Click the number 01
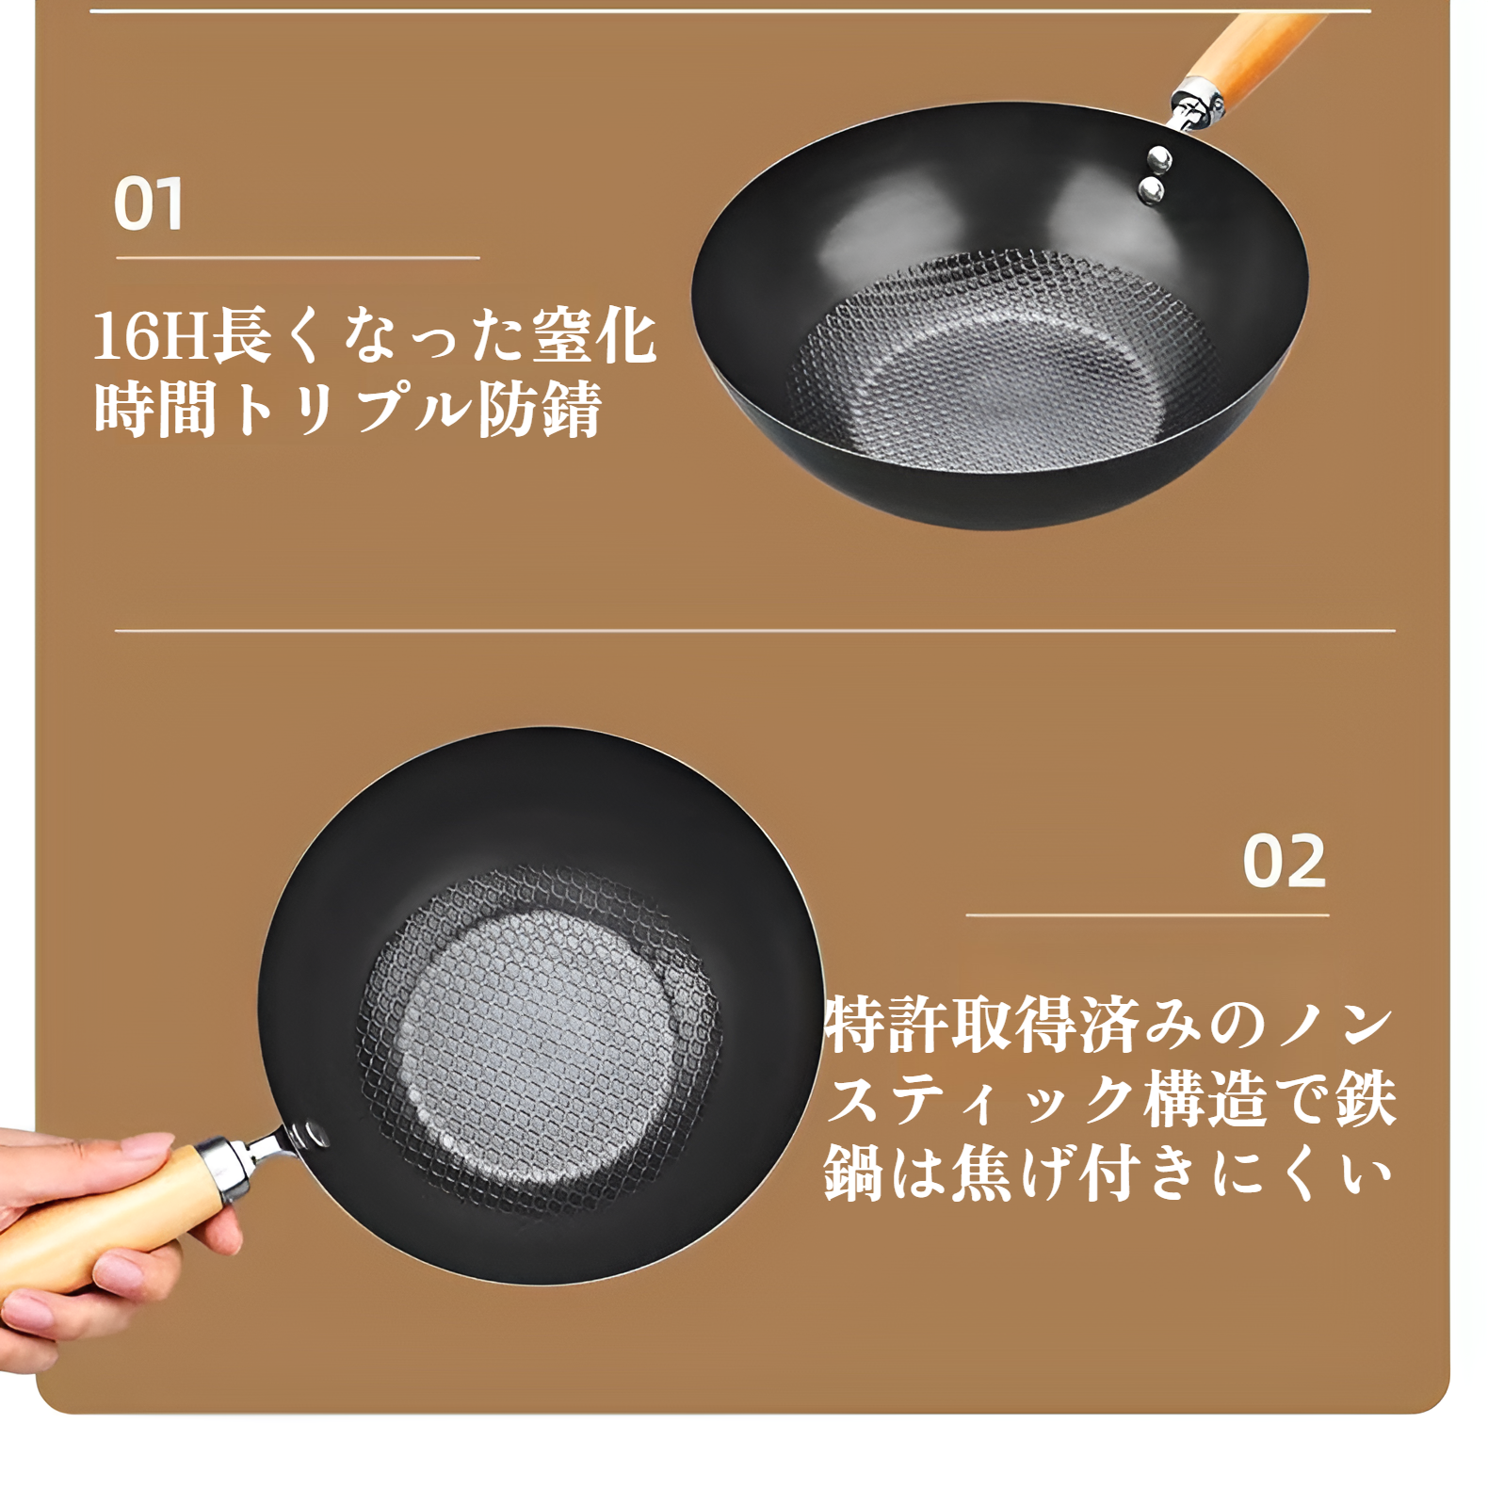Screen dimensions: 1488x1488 click(148, 204)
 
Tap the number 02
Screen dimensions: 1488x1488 click(1284, 861)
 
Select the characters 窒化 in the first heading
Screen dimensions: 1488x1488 click(593, 336)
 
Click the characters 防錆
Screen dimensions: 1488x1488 click(539, 411)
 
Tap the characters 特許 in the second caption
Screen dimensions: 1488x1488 click(886, 1025)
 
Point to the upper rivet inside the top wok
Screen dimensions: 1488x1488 click(1158, 157)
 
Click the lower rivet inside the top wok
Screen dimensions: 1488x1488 click(1150, 192)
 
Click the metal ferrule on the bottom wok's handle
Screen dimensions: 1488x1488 click(226, 1166)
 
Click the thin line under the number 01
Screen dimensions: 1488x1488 click(298, 257)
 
